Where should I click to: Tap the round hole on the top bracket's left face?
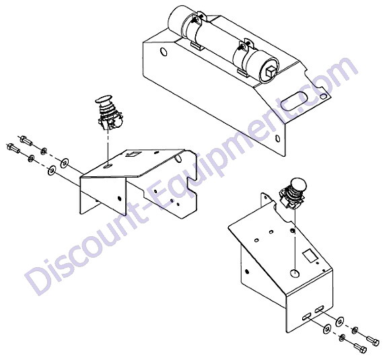pyautogui.click(x=164, y=52)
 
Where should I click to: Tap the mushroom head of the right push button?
pyautogui.click(x=299, y=184)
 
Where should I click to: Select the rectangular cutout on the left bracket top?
pyautogui.click(x=132, y=155)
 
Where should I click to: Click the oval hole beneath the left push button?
pyautogui.click(x=108, y=166)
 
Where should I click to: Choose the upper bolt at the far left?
pyautogui.click(x=26, y=141)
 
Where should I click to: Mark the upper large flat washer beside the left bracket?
pyautogui.click(x=65, y=163)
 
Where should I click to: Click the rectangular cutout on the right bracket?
pyautogui.click(x=310, y=256)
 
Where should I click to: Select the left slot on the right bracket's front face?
pyautogui.click(x=307, y=316)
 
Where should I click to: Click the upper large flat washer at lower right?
pyautogui.click(x=340, y=321)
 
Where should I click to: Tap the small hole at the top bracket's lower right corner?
pyautogui.click(x=278, y=139)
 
